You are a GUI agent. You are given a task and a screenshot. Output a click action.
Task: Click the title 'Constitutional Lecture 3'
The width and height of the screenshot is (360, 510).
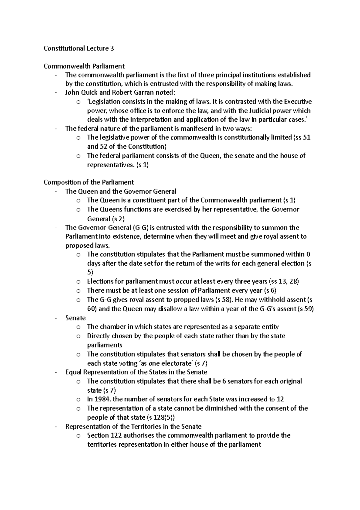[x=79, y=48]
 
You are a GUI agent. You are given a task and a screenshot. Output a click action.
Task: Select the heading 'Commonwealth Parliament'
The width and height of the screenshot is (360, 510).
[x=84, y=66]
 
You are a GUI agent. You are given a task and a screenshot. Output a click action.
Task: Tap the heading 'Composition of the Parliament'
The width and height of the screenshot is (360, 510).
[x=88, y=182]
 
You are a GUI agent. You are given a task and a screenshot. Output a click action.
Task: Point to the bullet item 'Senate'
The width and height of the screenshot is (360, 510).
[x=75, y=318]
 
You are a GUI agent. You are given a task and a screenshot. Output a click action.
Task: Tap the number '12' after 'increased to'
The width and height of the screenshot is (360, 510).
[x=280, y=399]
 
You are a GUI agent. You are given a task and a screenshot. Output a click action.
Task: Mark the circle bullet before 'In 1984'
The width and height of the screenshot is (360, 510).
[x=78, y=400]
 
